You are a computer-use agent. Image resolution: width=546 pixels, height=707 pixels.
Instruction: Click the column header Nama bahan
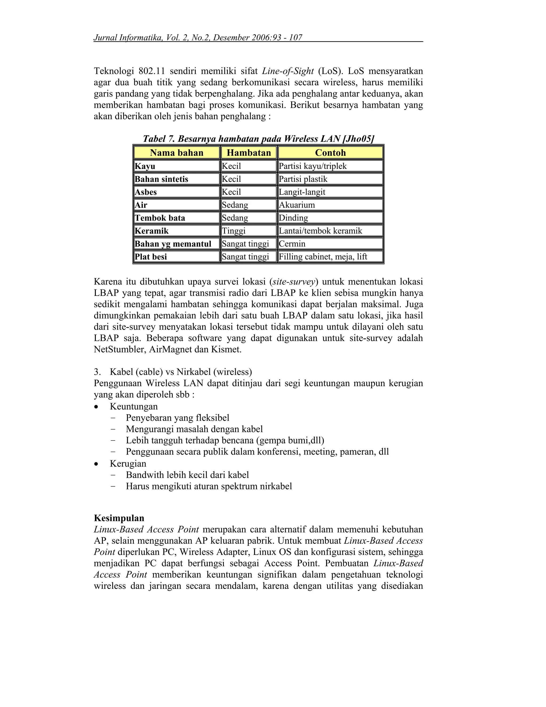[x=176, y=152]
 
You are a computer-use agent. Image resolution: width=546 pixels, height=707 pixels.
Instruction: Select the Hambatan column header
[x=248, y=152]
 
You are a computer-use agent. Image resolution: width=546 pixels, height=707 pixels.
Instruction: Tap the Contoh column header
[x=330, y=152]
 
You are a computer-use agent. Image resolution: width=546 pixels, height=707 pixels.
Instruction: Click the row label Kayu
[x=145, y=166]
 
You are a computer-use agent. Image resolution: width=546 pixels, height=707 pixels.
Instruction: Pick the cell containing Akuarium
[x=297, y=205]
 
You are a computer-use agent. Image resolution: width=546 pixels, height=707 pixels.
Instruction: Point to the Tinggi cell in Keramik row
[x=234, y=231]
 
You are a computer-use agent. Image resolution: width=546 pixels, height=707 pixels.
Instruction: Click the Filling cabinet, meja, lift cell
[x=323, y=257]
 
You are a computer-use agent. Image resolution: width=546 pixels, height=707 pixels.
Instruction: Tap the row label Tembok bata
[x=160, y=218]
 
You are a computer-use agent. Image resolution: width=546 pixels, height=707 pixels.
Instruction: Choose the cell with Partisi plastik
[x=303, y=179]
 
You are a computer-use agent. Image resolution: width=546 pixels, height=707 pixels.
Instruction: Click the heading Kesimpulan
[x=119, y=518]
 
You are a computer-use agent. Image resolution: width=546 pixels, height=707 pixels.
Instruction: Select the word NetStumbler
[x=119, y=349]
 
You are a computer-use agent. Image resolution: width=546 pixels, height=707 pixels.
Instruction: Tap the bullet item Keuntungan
[x=134, y=407]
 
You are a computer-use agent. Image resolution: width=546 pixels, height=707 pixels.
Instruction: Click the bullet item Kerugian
[x=128, y=464]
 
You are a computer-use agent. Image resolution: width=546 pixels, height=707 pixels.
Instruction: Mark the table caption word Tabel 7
[x=159, y=139]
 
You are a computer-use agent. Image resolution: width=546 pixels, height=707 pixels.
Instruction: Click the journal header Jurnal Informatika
[x=128, y=38]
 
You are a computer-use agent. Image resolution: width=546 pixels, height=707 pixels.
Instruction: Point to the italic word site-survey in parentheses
[x=294, y=282]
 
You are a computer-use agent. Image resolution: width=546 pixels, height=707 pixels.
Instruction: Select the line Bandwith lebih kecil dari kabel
[x=187, y=475]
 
